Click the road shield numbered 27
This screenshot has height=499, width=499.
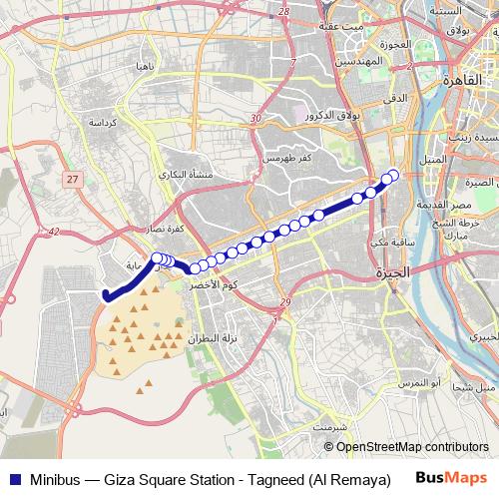72,178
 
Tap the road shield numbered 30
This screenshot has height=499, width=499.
256,118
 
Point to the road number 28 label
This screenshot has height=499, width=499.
284,10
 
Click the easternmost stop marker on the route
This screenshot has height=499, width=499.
393,176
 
